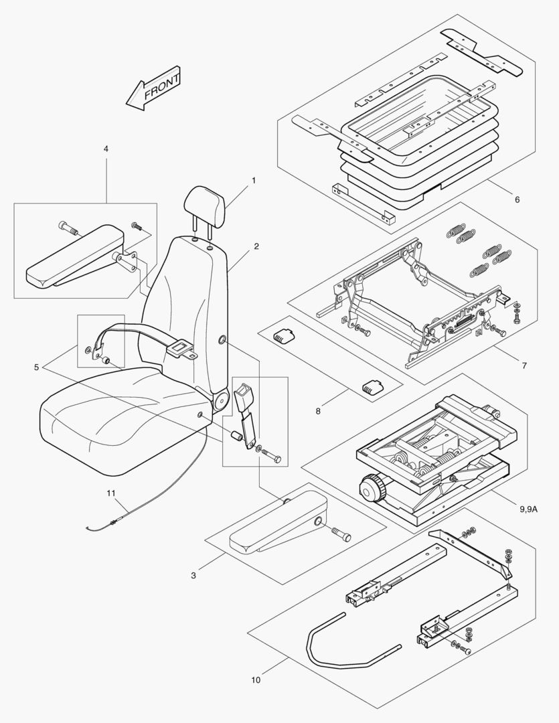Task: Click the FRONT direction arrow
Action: (154, 88)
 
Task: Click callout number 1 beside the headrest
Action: (254, 181)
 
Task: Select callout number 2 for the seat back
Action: (256, 246)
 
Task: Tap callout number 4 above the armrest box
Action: (106, 148)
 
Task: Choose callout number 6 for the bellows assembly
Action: (516, 199)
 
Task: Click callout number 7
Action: (524, 366)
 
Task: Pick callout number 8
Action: (318, 411)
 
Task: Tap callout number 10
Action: (256, 681)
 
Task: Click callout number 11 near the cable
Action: (111, 493)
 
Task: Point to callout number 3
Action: (193, 576)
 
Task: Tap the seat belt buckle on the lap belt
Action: (180, 348)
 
